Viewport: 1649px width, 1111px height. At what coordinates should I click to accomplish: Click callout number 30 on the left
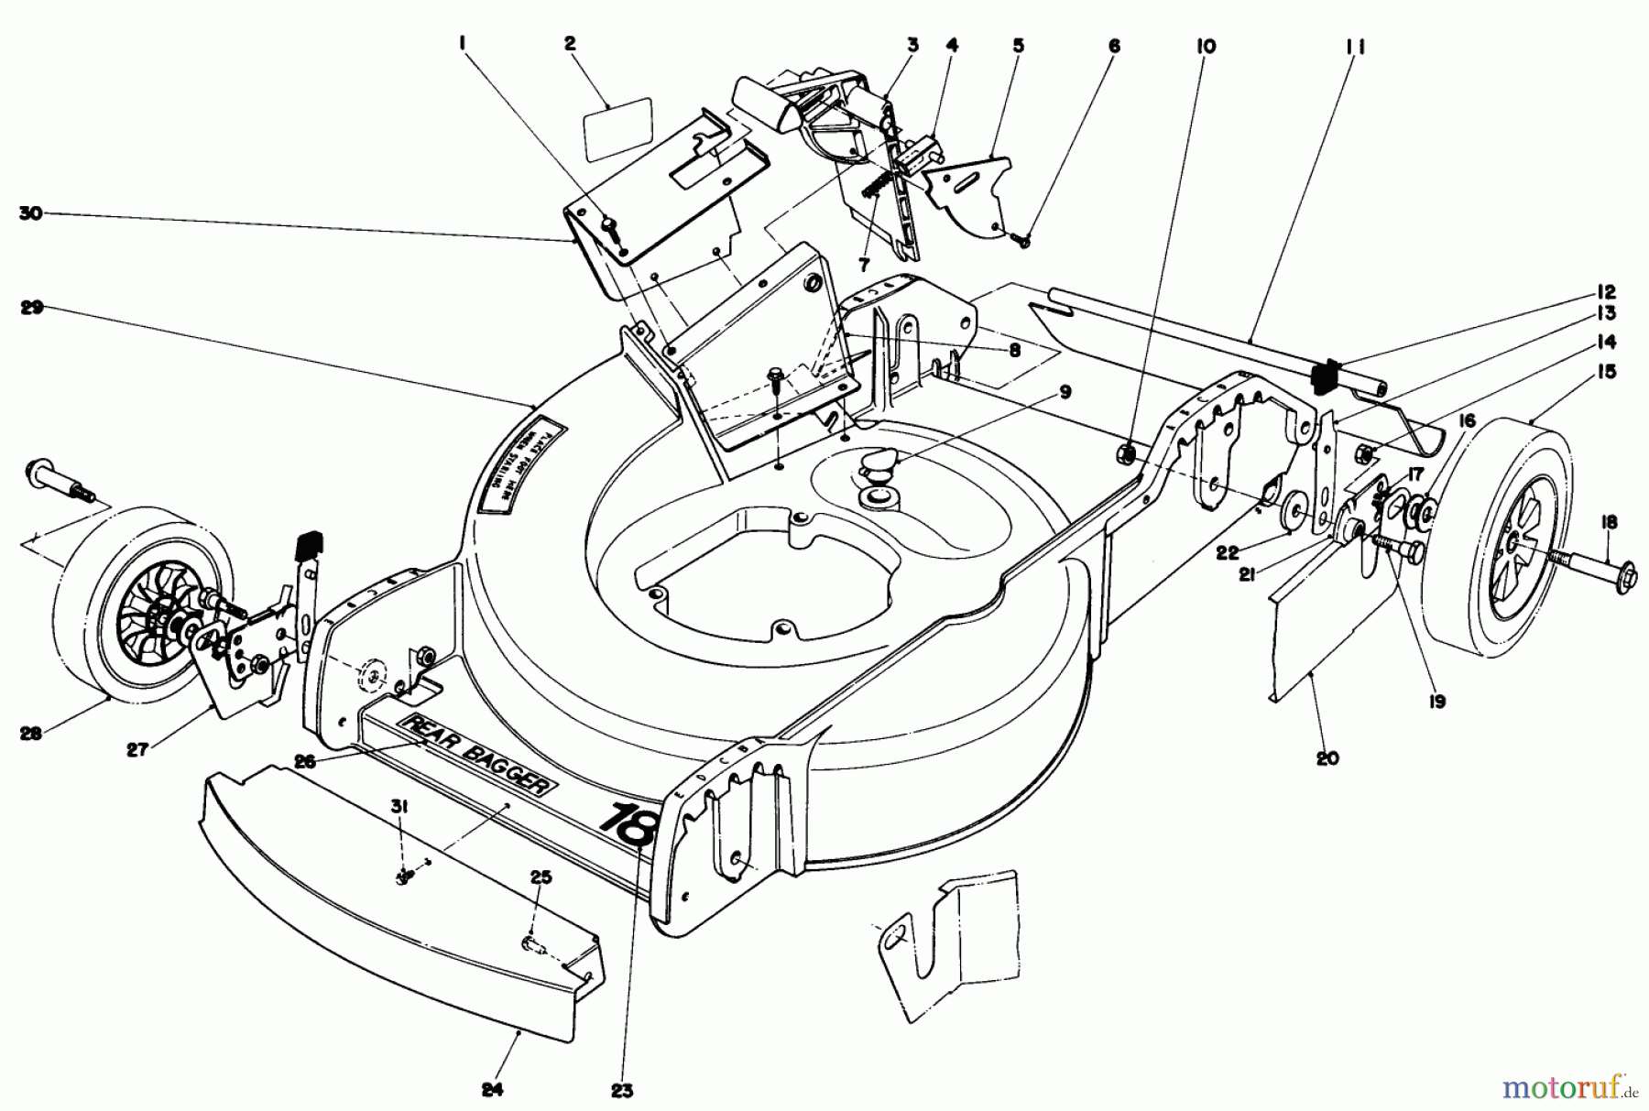(31, 213)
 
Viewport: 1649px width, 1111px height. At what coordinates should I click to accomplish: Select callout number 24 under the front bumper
(492, 1090)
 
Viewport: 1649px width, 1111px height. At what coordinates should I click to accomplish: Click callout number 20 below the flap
(1327, 757)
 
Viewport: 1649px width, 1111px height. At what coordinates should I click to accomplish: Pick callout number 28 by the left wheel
(31, 734)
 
